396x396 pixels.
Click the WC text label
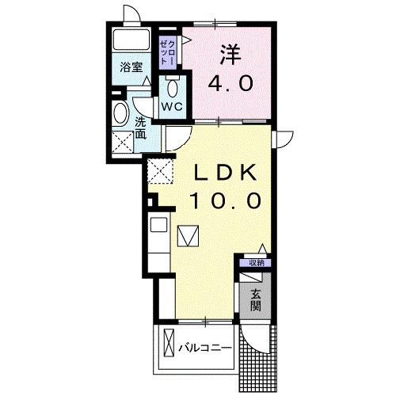173,105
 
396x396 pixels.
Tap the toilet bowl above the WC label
174,85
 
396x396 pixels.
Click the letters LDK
226,172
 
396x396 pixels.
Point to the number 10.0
225,201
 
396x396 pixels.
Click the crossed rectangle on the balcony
168,345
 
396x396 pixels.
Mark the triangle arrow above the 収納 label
261,250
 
